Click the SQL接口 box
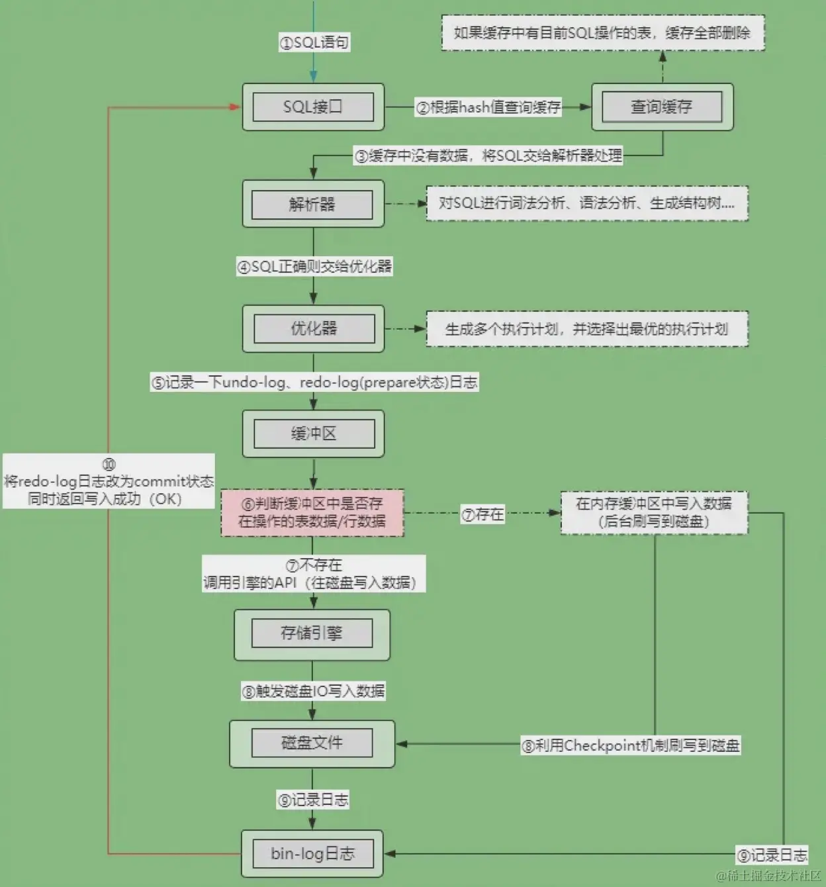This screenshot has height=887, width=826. pos(313,107)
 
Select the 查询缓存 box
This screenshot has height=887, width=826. pos(662,107)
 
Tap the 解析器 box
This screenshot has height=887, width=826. pos(313,204)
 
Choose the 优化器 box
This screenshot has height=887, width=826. pos(313,328)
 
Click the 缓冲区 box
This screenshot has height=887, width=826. pos(313,434)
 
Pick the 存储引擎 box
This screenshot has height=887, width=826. pos(312,634)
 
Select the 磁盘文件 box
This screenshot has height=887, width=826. pos(312,743)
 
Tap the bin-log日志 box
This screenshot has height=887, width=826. pos(312,853)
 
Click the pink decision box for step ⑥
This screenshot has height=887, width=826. pos(312,512)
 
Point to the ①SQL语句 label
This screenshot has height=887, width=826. pos(314,42)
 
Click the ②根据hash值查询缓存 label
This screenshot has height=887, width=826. pos(488,107)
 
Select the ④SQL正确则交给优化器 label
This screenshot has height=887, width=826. pos(314,267)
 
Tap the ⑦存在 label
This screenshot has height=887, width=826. pos(482,514)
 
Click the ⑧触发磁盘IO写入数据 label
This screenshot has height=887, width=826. pos(313,691)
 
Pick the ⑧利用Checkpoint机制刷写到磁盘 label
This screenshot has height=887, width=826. pos(630,746)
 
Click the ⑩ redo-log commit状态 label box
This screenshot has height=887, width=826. pos(109,481)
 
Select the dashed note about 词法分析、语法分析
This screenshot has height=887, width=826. pos(586,203)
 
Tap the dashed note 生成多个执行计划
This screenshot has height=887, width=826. pos(586,329)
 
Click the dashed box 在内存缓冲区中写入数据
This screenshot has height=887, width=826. pos(654,512)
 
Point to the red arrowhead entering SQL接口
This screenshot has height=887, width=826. pos(234,107)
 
